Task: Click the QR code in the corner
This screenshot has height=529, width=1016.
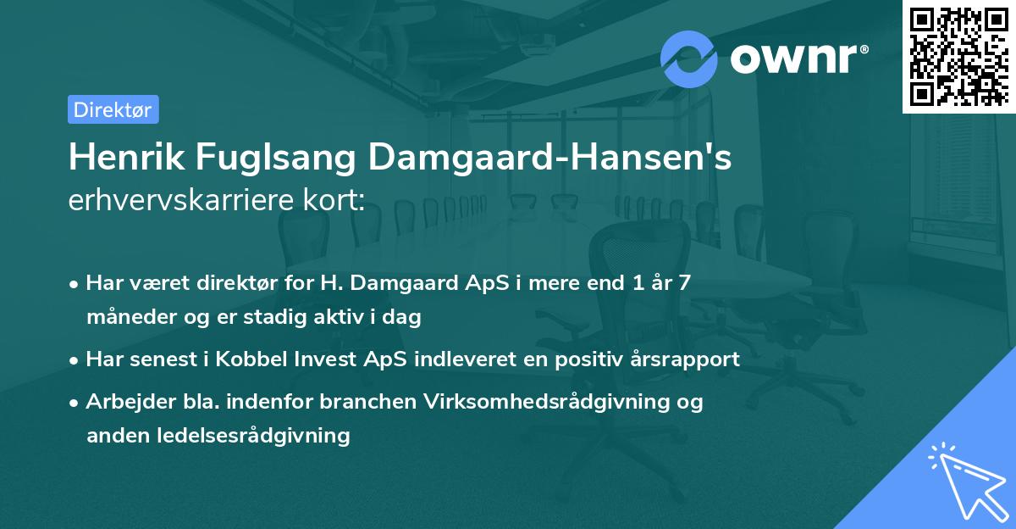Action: click(959, 56)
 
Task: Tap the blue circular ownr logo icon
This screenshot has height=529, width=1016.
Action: click(688, 58)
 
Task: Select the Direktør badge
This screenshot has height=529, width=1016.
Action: click(113, 109)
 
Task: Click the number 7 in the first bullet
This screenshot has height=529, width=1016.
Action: click(683, 282)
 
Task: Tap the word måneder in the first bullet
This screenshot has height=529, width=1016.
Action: click(126, 318)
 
